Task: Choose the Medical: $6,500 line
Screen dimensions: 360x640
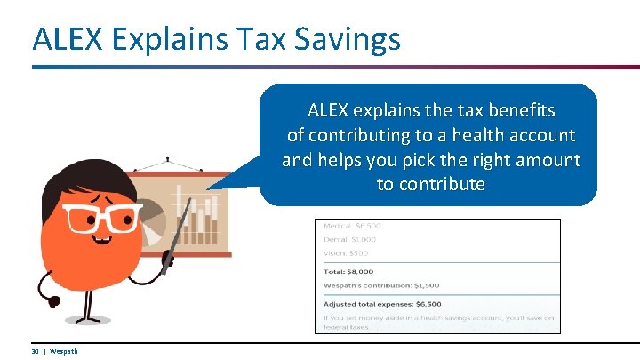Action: pyautogui.click(x=354, y=226)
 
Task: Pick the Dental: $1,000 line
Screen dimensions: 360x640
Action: pyautogui.click(x=350, y=239)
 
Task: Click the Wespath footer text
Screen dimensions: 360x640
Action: pyautogui.click(x=63, y=351)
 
